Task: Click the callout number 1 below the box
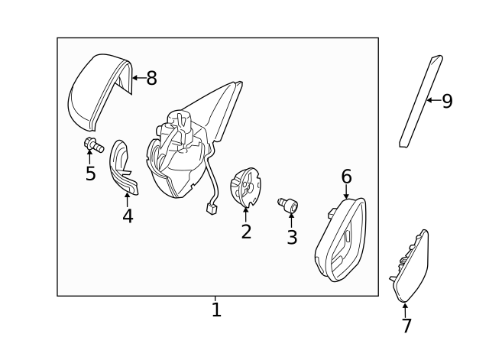(216, 310)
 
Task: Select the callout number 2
(246, 232)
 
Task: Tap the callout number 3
(292, 237)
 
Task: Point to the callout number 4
(128, 216)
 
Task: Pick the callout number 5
(90, 174)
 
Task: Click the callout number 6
(346, 177)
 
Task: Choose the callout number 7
(406, 326)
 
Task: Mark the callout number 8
(151, 78)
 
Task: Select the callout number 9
(447, 101)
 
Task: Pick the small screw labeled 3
(289, 204)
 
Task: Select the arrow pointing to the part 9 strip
(432, 100)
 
